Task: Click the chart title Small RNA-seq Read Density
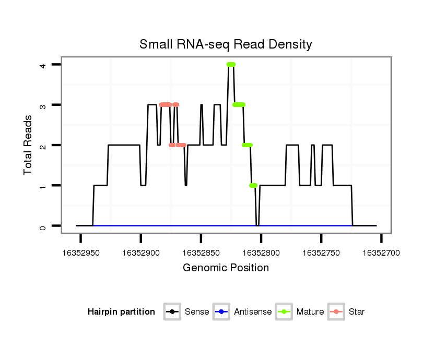226,44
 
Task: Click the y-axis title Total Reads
28,145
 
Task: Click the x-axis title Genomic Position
226,268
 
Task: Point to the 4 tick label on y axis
43,65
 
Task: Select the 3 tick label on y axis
43,105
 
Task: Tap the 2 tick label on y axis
43,145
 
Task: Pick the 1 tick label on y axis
43,186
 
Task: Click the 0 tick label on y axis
43,226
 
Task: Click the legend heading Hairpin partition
121,312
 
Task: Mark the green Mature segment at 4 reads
231,64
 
